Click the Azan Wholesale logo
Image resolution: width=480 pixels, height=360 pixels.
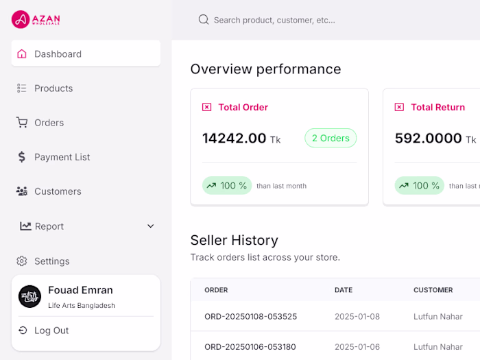click(36, 19)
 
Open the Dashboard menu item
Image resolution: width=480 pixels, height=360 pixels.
click(58, 53)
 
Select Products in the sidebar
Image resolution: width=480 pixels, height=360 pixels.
click(53, 88)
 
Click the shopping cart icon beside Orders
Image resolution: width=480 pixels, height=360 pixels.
click(22, 122)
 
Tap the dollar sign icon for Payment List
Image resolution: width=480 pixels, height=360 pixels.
click(22, 157)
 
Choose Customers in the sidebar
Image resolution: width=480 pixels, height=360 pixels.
click(58, 191)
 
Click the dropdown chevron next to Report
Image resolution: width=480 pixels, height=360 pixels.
click(151, 226)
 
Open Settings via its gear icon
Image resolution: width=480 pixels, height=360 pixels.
click(22, 261)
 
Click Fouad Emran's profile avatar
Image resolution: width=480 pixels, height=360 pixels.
click(30, 296)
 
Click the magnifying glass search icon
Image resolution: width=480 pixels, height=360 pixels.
click(204, 20)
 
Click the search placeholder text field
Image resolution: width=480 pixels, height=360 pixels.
click(274, 20)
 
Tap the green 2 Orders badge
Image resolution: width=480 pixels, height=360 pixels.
click(331, 138)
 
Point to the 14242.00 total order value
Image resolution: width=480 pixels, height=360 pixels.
click(234, 139)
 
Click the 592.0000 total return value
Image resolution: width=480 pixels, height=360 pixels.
click(428, 139)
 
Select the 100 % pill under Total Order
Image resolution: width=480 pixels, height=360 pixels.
click(227, 186)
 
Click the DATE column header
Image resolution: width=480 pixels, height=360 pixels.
click(344, 290)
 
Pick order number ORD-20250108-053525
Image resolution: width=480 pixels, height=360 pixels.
click(250, 317)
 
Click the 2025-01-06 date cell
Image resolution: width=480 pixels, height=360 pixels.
click(357, 347)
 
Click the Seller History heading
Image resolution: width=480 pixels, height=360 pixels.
click(234, 240)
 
